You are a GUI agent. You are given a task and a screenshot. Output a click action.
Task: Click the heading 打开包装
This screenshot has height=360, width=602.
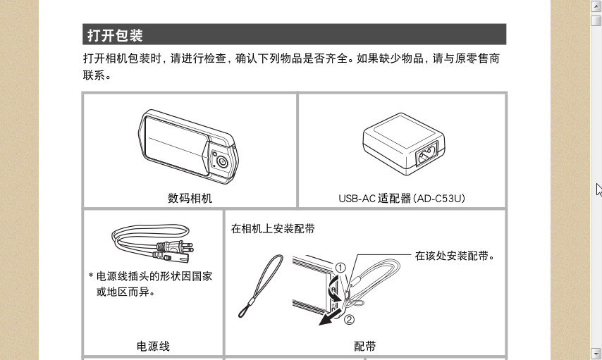(115, 35)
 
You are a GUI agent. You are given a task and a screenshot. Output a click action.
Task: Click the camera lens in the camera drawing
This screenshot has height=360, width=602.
(222, 161)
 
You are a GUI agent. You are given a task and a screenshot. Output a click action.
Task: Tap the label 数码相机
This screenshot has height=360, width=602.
(190, 198)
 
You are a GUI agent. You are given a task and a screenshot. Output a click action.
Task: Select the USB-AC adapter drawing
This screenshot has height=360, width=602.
(404, 144)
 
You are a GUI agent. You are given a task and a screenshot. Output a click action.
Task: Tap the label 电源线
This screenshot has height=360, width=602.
(153, 346)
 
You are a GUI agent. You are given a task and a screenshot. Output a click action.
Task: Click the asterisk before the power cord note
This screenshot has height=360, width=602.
(91, 275)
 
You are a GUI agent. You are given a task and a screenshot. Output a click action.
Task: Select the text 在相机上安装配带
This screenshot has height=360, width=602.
(273, 229)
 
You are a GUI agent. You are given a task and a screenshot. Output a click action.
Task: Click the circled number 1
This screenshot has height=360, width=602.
(340, 268)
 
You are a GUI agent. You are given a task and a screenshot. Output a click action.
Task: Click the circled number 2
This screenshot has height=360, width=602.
(349, 319)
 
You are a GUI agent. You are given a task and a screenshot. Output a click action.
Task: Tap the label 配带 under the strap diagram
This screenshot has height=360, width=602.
(364, 346)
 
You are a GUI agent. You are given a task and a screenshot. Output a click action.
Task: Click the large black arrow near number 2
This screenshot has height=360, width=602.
(330, 318)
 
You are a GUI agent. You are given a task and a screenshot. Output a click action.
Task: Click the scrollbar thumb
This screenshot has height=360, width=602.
(596, 20)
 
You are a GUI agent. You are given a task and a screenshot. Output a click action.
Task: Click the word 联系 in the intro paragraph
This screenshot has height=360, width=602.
(94, 75)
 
